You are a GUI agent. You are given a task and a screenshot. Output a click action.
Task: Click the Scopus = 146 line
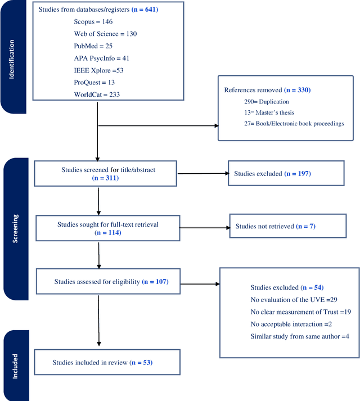[x=93, y=21]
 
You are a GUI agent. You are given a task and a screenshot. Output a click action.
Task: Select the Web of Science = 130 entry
[x=105, y=33]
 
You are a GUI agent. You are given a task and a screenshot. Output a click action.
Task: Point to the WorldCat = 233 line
[x=97, y=94]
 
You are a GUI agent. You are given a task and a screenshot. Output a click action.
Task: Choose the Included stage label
[x=15, y=366]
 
